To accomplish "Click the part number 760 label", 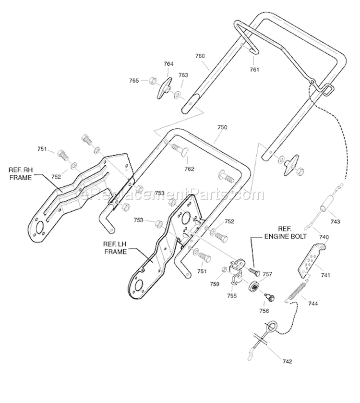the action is pos(200,56).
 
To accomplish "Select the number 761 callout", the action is pos(254,69).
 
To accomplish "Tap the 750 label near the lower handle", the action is pos(222,127).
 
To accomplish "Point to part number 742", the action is pos(287,361).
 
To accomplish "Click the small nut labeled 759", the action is pos(224,269).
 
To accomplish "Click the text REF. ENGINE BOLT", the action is pos(285,233).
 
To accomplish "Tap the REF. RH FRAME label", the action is pos(20,174).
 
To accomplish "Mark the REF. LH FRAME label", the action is pos(115,248).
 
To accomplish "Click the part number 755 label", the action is pos(232,296).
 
